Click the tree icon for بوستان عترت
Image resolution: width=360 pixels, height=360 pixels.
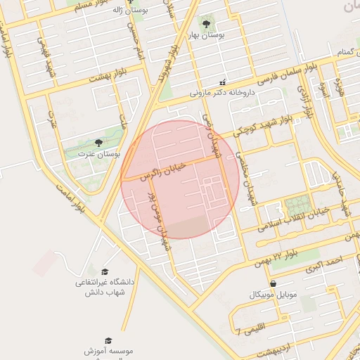click(98, 143)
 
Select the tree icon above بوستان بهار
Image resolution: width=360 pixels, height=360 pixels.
click(205, 23)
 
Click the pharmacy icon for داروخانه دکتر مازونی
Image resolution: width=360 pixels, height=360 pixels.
click(223, 82)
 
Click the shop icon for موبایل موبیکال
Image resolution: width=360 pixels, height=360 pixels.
click(273, 283)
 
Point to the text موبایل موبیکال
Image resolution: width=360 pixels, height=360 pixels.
click(273, 294)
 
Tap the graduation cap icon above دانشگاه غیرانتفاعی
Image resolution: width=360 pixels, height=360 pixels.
click(105, 272)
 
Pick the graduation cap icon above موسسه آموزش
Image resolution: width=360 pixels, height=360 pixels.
click(108, 340)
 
